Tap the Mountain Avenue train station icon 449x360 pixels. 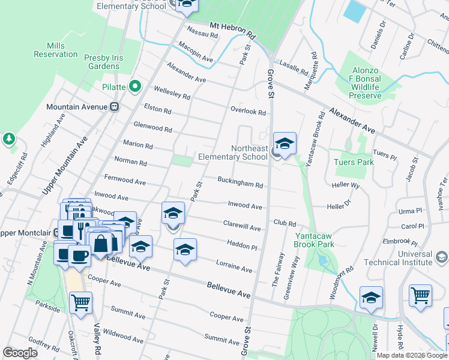tap(114, 107)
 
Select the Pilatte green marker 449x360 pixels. tap(135, 87)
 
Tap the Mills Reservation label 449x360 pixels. tap(56, 50)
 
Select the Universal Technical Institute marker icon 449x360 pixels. tap(441, 257)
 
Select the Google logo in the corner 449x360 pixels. tap(20, 353)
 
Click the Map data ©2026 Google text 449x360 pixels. tap(412, 355)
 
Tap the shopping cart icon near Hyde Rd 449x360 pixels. tap(421, 295)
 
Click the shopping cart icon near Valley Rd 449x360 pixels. tap(80, 302)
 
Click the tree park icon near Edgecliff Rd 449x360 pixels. tap(8, 139)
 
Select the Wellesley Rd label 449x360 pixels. tap(172, 96)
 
